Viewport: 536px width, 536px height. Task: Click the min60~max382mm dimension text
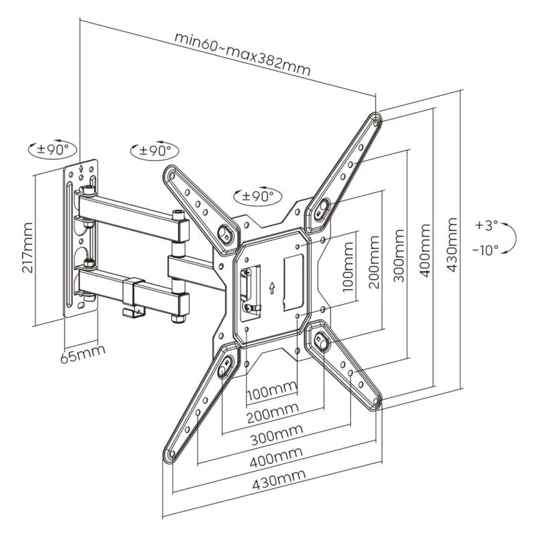tap(243, 52)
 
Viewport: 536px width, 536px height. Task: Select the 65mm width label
tap(82, 354)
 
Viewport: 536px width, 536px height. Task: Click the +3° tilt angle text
tap(486, 225)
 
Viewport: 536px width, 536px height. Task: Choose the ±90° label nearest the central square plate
tap(258, 196)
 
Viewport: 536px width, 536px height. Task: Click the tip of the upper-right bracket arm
tap(376, 121)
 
